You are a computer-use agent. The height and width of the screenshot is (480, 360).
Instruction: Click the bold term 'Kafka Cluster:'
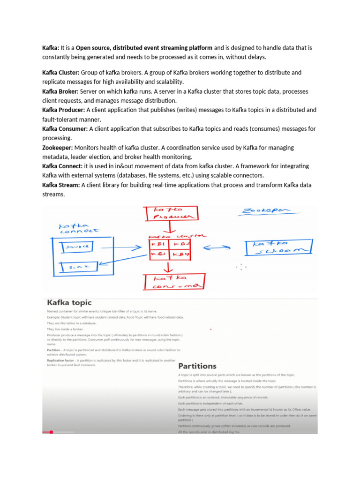pos(61,73)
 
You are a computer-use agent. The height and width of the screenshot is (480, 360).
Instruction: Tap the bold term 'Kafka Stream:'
pos(61,185)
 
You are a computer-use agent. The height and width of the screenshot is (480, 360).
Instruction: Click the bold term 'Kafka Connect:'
pos(62,166)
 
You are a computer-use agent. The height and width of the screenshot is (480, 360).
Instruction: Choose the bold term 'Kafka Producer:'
pos(63,110)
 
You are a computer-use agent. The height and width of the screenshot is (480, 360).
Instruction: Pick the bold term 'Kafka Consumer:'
pos(65,129)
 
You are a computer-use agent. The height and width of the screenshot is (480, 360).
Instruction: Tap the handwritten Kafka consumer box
pos(173,282)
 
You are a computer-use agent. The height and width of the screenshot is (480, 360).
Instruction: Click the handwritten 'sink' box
pos(77,267)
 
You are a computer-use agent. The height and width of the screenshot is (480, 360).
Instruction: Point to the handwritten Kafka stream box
pos(278,247)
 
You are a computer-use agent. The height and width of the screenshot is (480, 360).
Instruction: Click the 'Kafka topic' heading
pos(69,303)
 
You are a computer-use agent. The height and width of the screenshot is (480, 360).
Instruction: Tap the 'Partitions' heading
pos(197,366)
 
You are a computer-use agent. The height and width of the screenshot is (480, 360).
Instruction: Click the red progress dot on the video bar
pos(51,432)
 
